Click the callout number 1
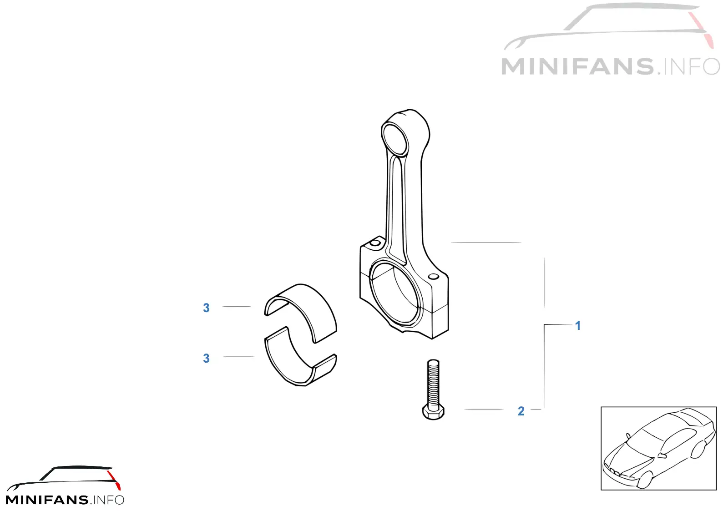tap(577, 326)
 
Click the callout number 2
tap(521, 411)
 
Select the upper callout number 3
tap(206, 308)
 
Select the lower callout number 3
tap(206, 359)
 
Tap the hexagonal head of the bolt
tap(433, 412)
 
